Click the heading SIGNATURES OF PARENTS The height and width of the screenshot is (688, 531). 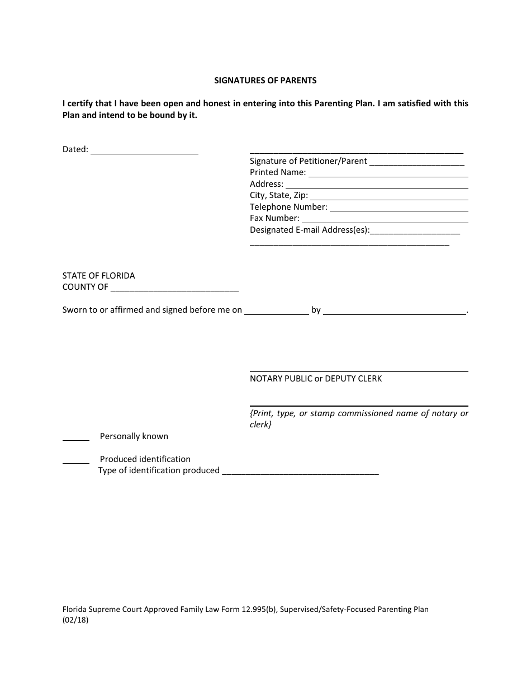point(265,81)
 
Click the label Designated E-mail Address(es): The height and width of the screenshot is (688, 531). point(310,230)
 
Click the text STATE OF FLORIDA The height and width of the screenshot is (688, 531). point(98,276)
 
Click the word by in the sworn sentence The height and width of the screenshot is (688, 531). point(316,310)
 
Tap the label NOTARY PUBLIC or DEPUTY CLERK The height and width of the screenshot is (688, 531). point(316,379)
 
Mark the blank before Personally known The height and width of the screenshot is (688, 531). point(75,440)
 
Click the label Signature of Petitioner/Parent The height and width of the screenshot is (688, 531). point(308,161)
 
